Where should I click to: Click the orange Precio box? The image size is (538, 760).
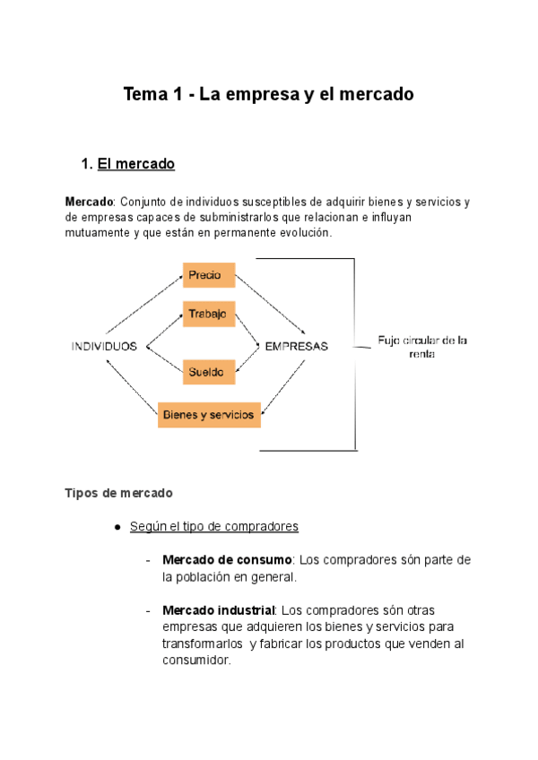coord(209,276)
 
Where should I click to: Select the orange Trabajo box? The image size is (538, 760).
coord(209,315)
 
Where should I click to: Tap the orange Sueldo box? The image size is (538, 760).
coord(209,370)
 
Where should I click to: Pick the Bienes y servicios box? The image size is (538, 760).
coord(209,414)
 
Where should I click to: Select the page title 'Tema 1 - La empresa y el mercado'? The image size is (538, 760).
coord(269,94)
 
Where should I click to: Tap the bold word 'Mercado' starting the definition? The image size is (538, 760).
coord(90,202)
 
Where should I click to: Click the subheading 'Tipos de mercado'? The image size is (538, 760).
coord(118,493)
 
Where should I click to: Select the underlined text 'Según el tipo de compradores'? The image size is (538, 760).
coord(214,527)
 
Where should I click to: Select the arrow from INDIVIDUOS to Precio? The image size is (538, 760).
coord(143,305)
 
